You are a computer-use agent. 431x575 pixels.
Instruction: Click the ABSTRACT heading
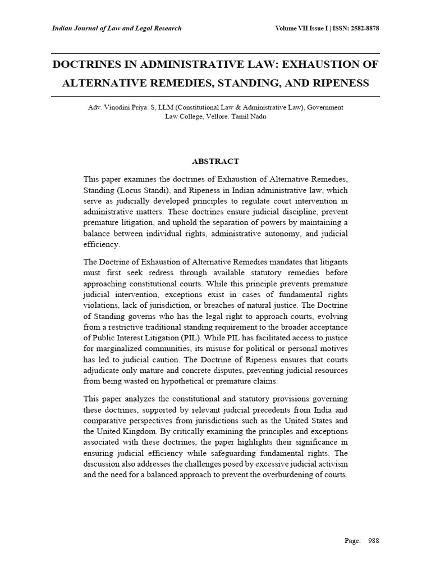(215, 161)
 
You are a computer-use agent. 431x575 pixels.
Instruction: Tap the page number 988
(373, 541)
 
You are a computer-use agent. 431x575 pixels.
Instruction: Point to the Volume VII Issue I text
(300, 29)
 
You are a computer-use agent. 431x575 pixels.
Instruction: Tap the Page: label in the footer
(352, 541)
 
